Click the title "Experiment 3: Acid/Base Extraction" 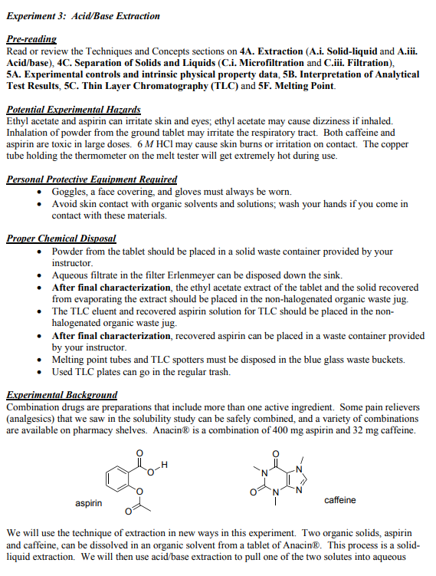(x=83, y=15)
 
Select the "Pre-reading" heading (x=31, y=38)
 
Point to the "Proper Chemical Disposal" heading (x=61, y=239)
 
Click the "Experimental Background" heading (x=61, y=394)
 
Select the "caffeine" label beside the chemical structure (x=339, y=500)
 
